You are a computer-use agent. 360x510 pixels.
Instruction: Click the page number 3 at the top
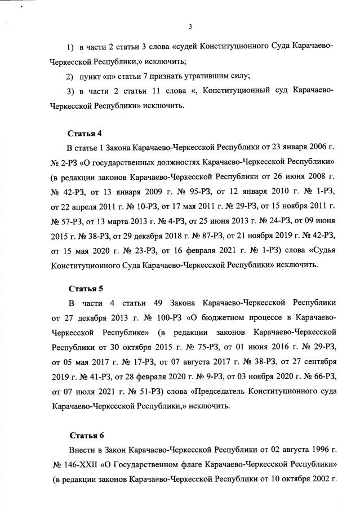pyautogui.click(x=190, y=26)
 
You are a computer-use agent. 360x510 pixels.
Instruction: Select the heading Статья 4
pyautogui.click(x=85, y=134)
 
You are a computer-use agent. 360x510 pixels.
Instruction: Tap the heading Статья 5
pyautogui.click(x=85, y=289)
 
